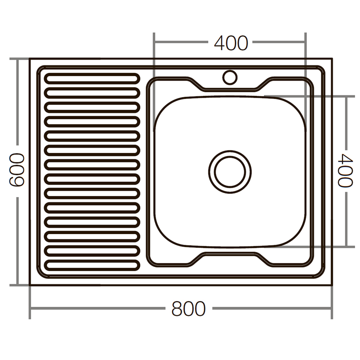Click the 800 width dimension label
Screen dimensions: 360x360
188,309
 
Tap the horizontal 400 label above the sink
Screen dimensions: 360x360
231,43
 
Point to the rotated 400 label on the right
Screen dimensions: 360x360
345,171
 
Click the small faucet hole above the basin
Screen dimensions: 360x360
230,77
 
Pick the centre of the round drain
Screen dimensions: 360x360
229,171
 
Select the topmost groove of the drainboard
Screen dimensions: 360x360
92,78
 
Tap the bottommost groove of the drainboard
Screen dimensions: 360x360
92,265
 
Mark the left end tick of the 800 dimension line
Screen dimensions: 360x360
30,309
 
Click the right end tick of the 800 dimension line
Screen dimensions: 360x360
332,309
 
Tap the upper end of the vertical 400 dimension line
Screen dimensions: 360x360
346,96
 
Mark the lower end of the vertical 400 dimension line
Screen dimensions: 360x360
346,247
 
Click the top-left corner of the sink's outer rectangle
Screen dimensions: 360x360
30,58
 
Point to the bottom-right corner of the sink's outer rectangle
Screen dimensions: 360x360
332,285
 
